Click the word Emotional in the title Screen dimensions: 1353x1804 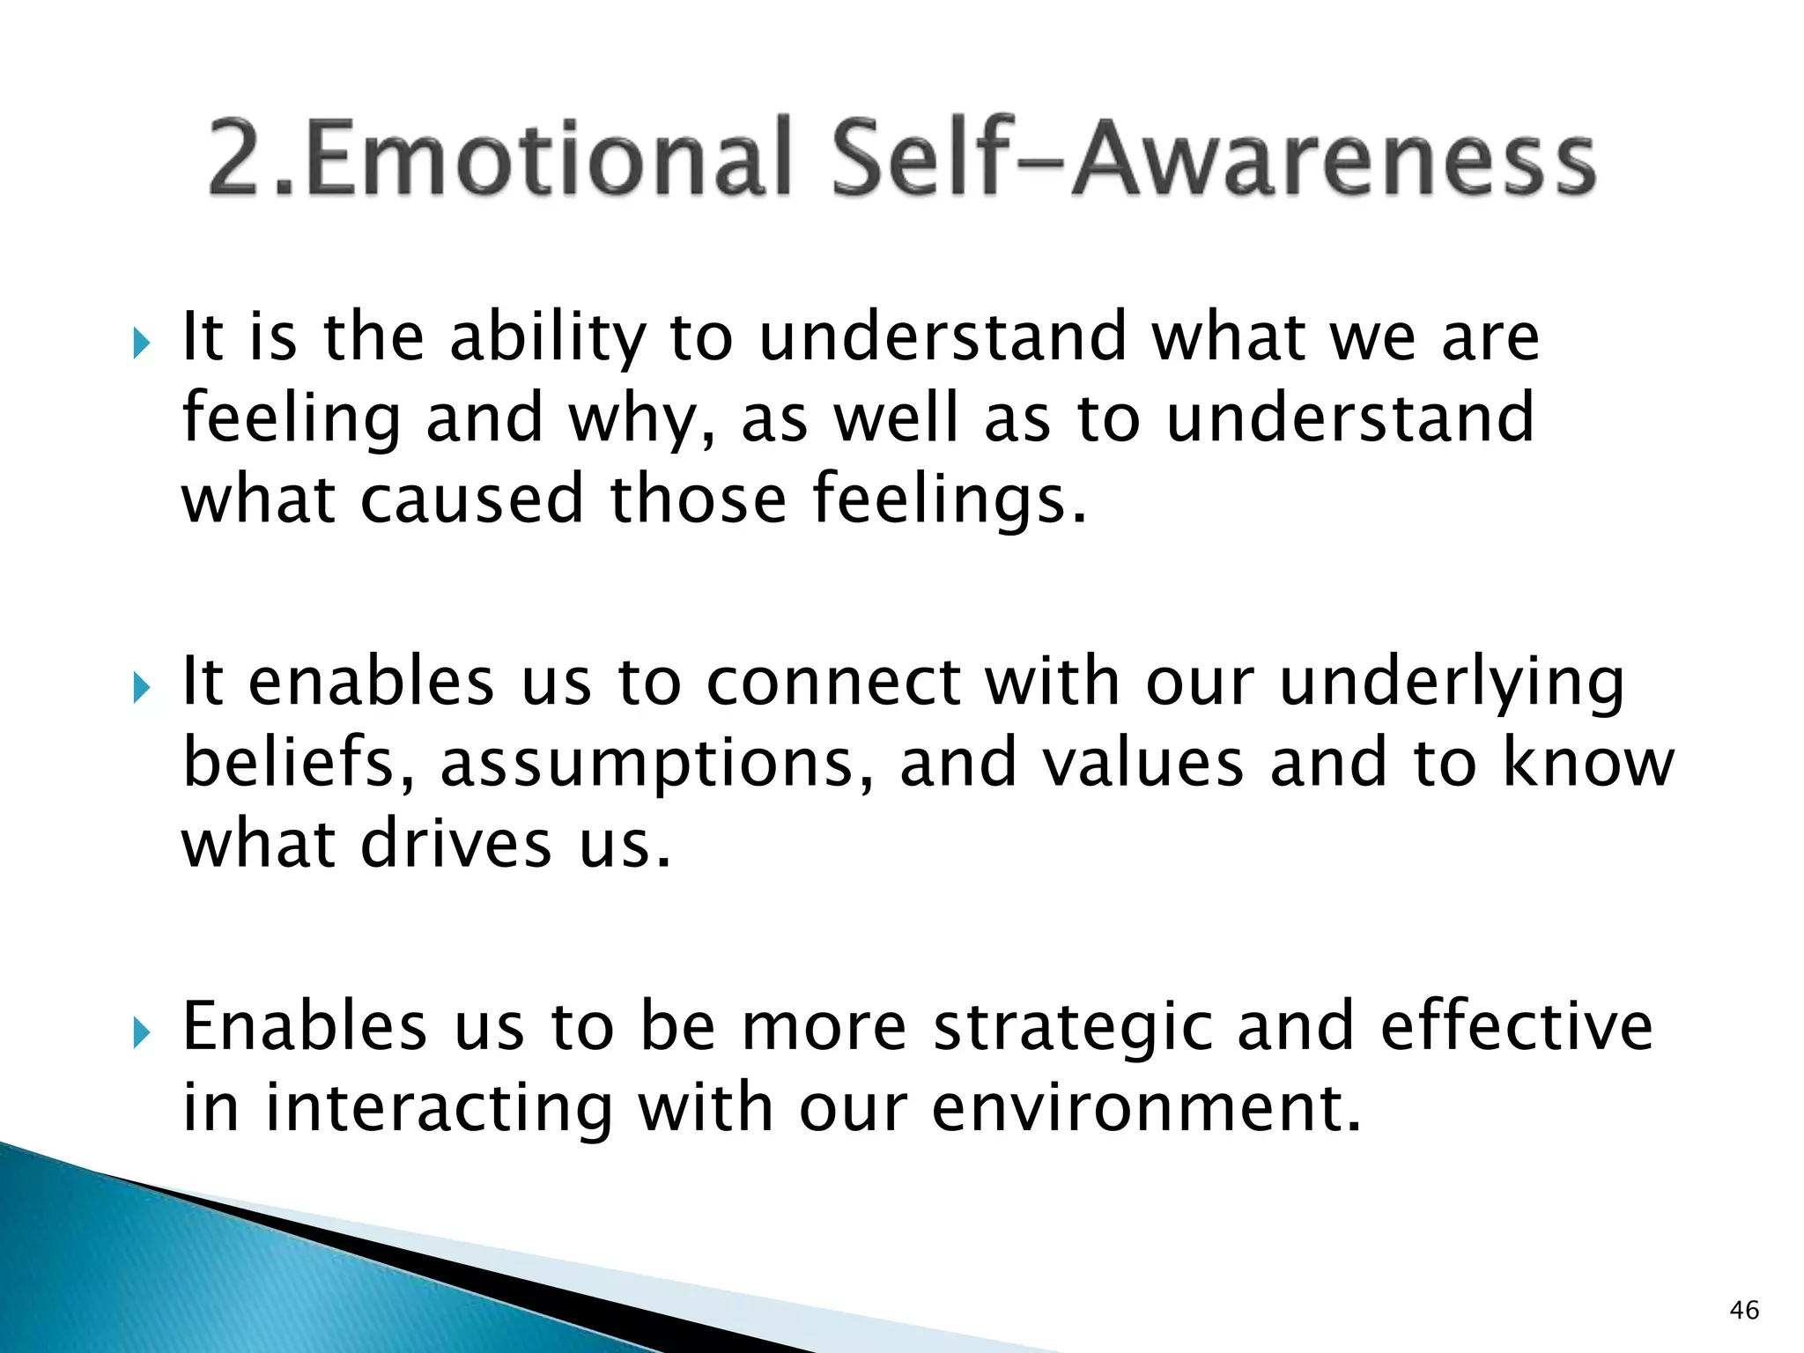546,159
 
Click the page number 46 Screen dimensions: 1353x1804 1744,1310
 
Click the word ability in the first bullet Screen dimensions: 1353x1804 548,339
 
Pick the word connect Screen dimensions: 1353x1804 833,684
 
